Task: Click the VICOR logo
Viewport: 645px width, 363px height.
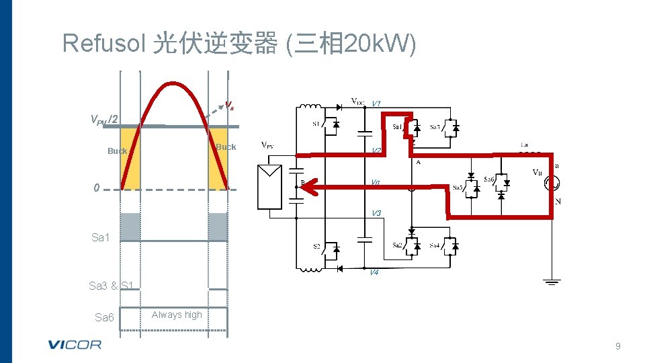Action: pyautogui.click(x=75, y=345)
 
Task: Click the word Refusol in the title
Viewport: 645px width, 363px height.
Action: pyautogui.click(x=103, y=43)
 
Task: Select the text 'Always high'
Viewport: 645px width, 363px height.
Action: pyautogui.click(x=177, y=315)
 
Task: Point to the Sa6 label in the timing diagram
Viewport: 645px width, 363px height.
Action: pyautogui.click(x=104, y=317)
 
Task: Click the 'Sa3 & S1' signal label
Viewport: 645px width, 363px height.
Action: pyautogui.click(x=112, y=286)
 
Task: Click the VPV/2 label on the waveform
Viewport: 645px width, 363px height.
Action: pyautogui.click(x=105, y=120)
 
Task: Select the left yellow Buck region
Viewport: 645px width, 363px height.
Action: pyautogui.click(x=130, y=159)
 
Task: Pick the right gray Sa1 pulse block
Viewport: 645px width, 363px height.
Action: pyautogui.click(x=218, y=227)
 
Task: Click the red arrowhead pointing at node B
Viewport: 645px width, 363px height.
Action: pyautogui.click(x=308, y=188)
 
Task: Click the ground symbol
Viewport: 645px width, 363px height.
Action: pyautogui.click(x=552, y=281)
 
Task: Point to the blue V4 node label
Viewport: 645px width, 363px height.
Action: pyautogui.click(x=374, y=272)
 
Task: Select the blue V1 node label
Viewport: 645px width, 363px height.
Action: pyautogui.click(x=376, y=104)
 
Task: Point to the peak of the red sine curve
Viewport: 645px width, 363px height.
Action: pyautogui.click(x=175, y=84)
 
